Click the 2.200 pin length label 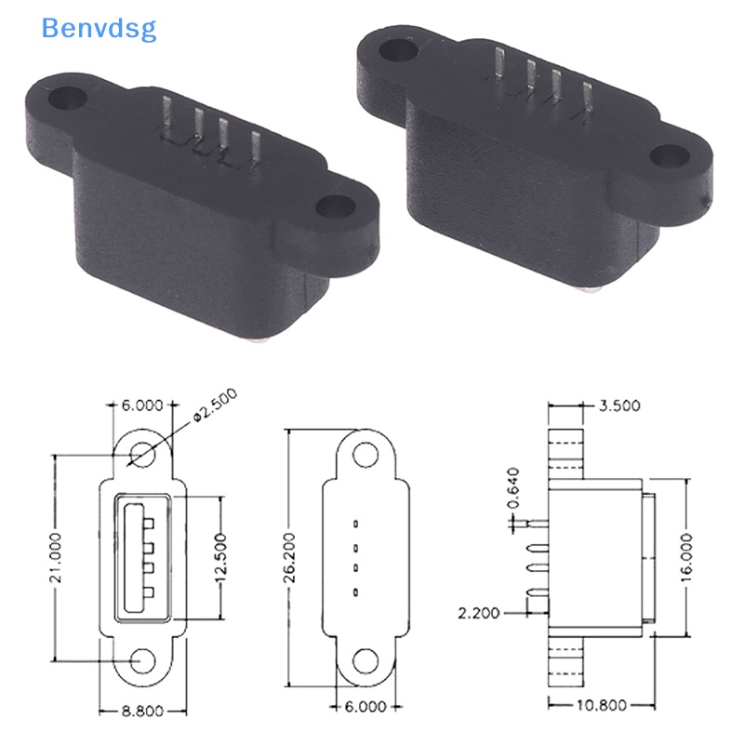point(479,613)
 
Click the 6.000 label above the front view point(140,405)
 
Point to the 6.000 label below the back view point(365,706)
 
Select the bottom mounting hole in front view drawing point(142,659)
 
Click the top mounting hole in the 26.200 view point(365,454)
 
